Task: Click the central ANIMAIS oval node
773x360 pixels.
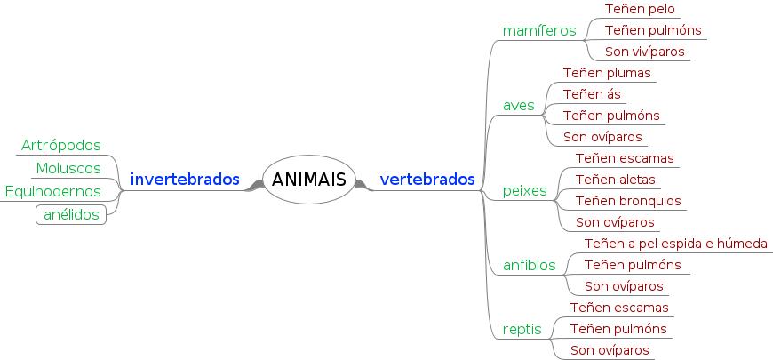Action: [308, 180]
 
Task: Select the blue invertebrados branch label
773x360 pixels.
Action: [185, 180]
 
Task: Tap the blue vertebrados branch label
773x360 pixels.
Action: [427, 180]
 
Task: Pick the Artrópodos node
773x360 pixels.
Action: [60, 145]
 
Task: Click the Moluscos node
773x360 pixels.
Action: [68, 168]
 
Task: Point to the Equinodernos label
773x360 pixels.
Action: [52, 191]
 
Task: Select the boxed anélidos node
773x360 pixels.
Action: [71, 214]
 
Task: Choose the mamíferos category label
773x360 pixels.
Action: [539, 30]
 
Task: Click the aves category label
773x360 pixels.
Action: [519, 105]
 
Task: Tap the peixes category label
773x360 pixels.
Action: [525, 190]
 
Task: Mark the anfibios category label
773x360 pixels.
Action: [530, 265]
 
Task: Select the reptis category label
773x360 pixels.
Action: [522, 329]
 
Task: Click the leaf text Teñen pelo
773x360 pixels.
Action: [640, 9]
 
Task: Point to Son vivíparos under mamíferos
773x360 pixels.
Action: [645, 52]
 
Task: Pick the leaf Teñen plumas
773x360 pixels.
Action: [607, 73]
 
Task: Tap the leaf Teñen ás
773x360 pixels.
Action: [592, 94]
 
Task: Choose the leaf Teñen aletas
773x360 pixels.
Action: [616, 180]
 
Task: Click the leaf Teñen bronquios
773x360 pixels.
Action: [628, 201]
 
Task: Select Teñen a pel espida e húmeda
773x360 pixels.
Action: [676, 244]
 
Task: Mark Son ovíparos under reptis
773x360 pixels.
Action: [610, 350]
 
